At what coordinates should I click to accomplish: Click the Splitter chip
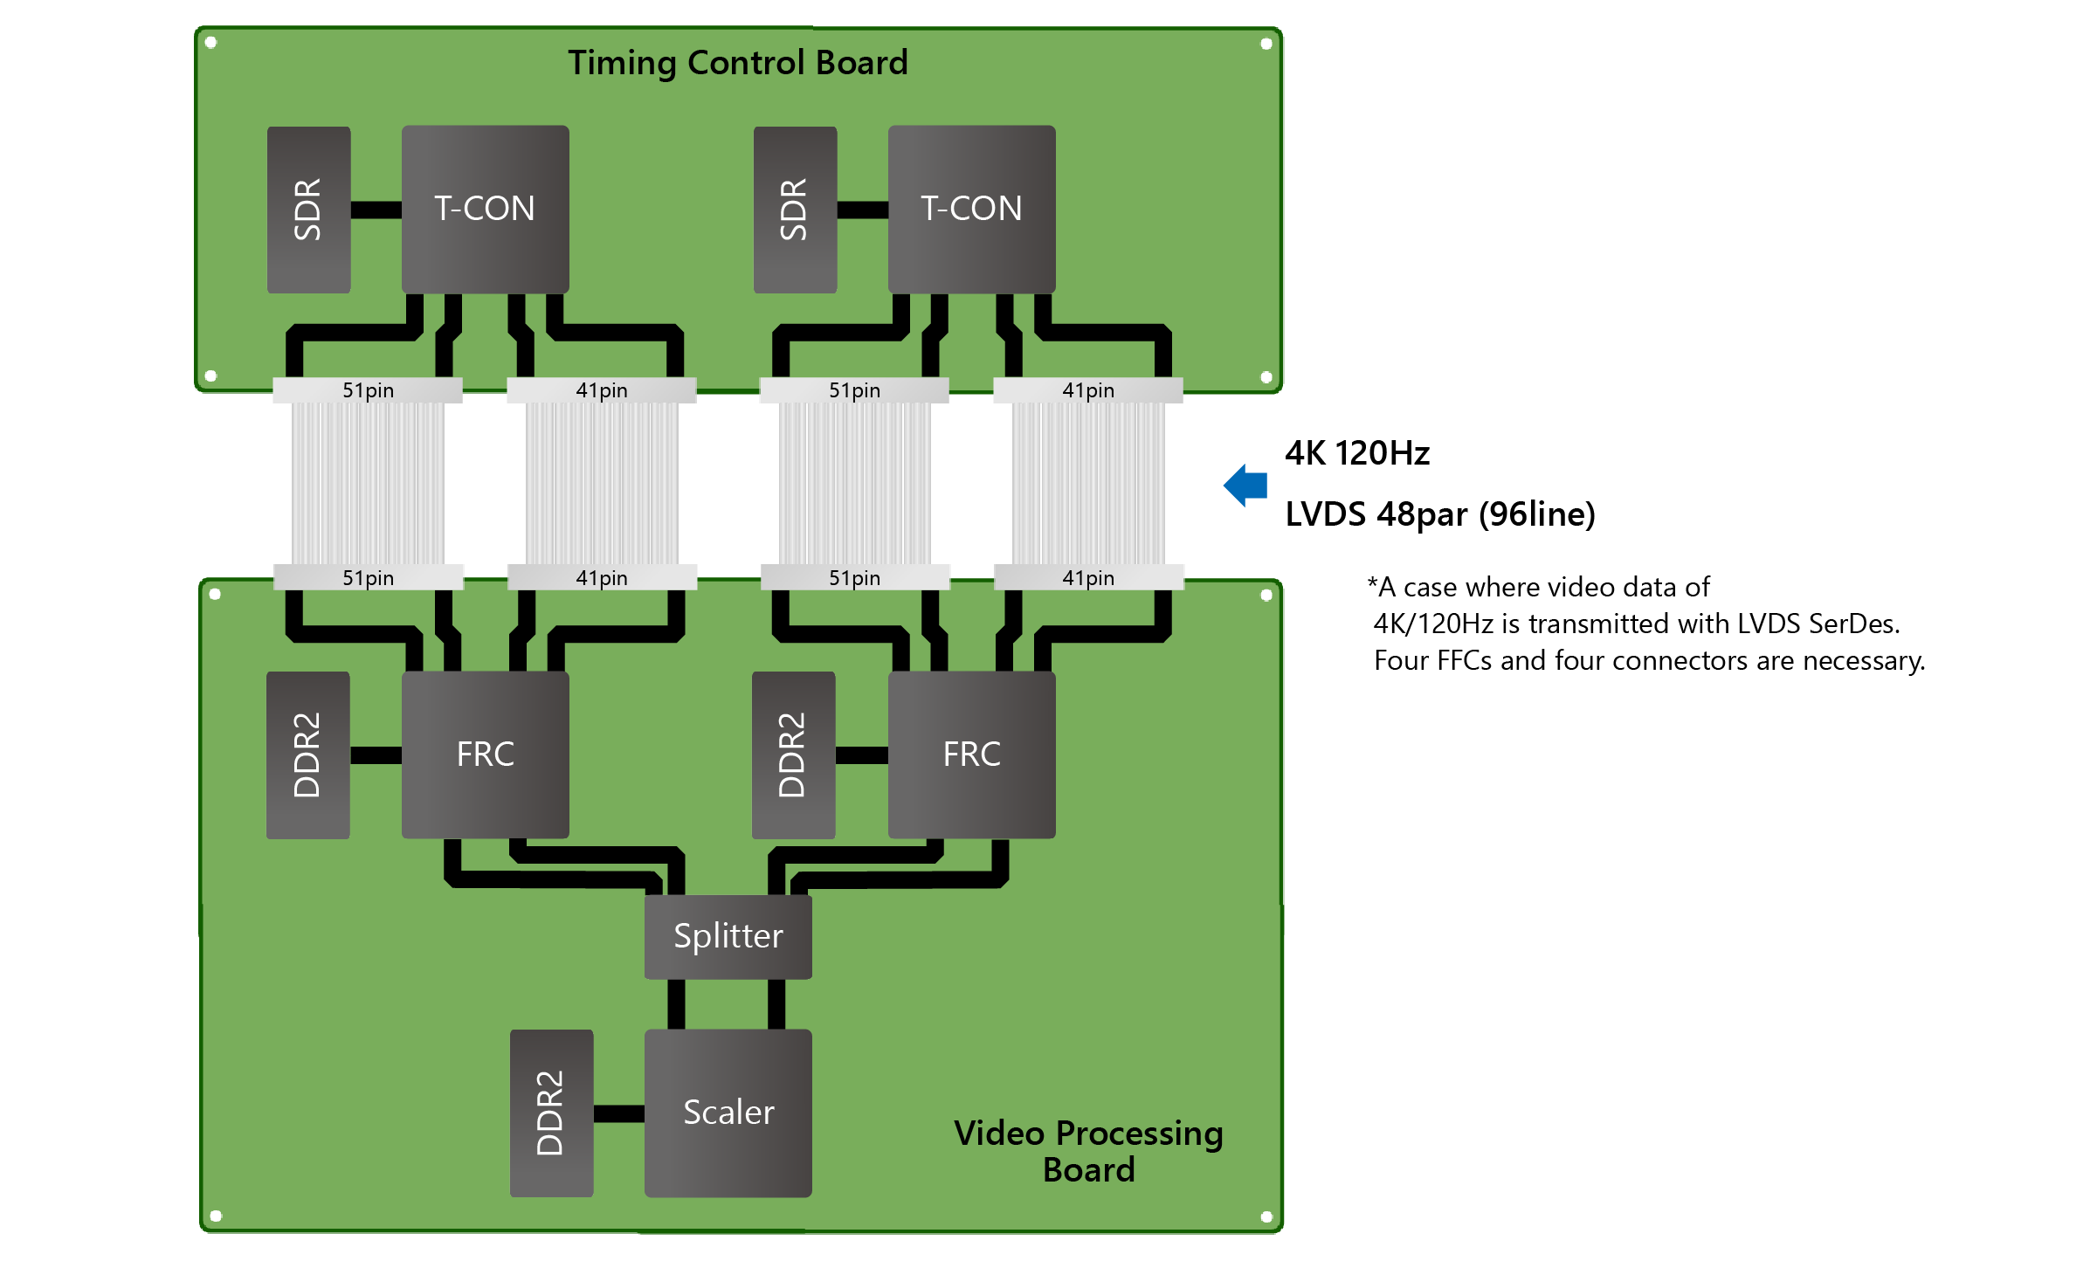(x=728, y=936)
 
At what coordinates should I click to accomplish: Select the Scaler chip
(x=728, y=1113)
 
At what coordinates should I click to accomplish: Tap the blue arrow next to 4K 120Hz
(x=1246, y=486)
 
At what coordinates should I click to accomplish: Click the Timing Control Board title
(x=738, y=63)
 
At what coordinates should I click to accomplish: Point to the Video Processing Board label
(x=1088, y=1151)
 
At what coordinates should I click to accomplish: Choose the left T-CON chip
(x=485, y=209)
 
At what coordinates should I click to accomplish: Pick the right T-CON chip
(x=971, y=209)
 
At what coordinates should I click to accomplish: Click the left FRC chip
(x=485, y=755)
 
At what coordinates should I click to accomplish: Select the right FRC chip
(x=971, y=755)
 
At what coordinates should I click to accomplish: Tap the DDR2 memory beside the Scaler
(x=551, y=1113)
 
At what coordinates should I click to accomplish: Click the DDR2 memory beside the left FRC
(x=307, y=755)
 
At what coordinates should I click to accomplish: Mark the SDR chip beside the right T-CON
(x=795, y=209)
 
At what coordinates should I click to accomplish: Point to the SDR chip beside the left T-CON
(x=308, y=209)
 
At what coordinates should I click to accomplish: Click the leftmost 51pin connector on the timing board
(x=368, y=390)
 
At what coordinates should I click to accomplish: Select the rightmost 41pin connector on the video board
(x=1088, y=578)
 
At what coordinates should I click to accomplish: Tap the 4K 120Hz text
(x=1356, y=453)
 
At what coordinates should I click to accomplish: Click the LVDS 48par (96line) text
(x=1439, y=514)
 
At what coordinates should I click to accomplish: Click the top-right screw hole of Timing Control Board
(x=1266, y=44)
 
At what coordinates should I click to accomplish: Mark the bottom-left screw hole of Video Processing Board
(x=216, y=1216)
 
